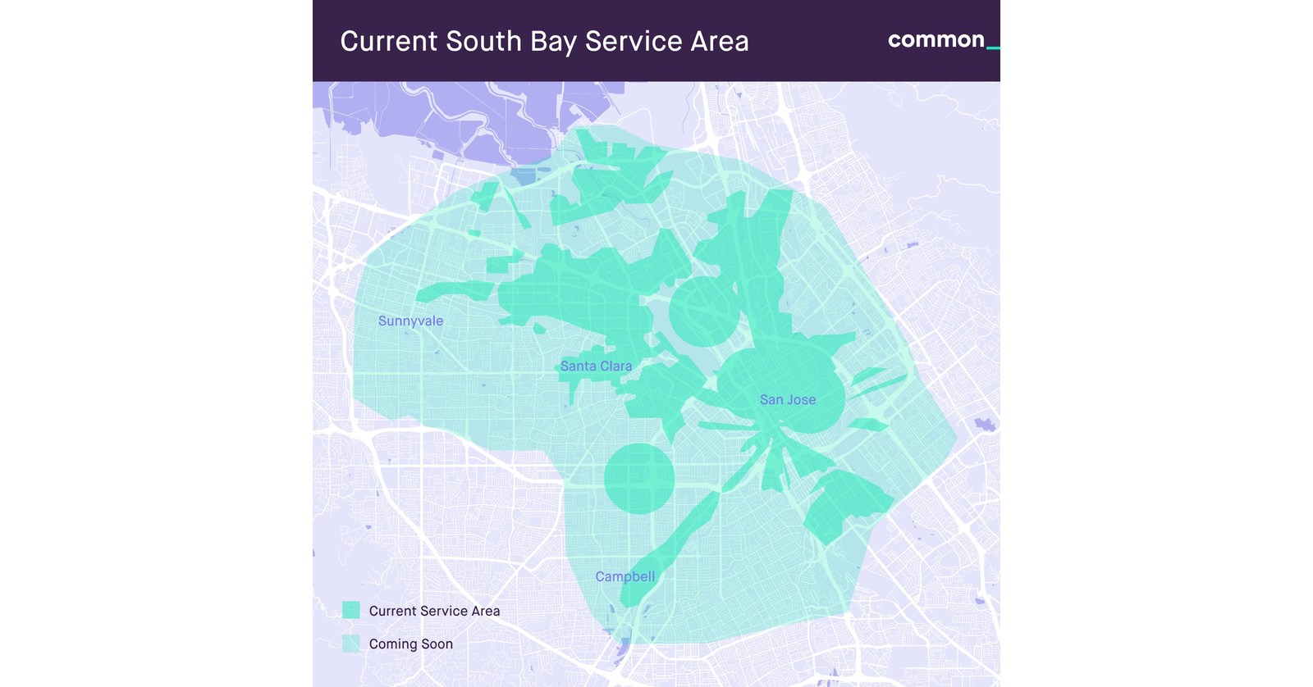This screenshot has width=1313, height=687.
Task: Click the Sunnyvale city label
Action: tap(410, 321)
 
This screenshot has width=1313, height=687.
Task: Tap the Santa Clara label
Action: tap(596, 366)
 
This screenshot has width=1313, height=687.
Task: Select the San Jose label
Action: tap(787, 399)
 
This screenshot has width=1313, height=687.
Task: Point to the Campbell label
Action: tap(624, 576)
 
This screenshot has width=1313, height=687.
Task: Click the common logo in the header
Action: tap(936, 39)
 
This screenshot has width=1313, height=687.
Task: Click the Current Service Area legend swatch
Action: tap(351, 610)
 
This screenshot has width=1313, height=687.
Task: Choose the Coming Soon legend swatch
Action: tap(351, 644)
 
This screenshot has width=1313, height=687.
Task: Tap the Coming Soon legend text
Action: tap(410, 644)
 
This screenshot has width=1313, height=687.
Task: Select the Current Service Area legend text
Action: tap(434, 611)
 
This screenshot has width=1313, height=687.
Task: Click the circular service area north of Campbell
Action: tap(639, 479)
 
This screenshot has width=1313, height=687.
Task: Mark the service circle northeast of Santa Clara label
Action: tap(703, 312)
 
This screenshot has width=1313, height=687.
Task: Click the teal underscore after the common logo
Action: tap(993, 48)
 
